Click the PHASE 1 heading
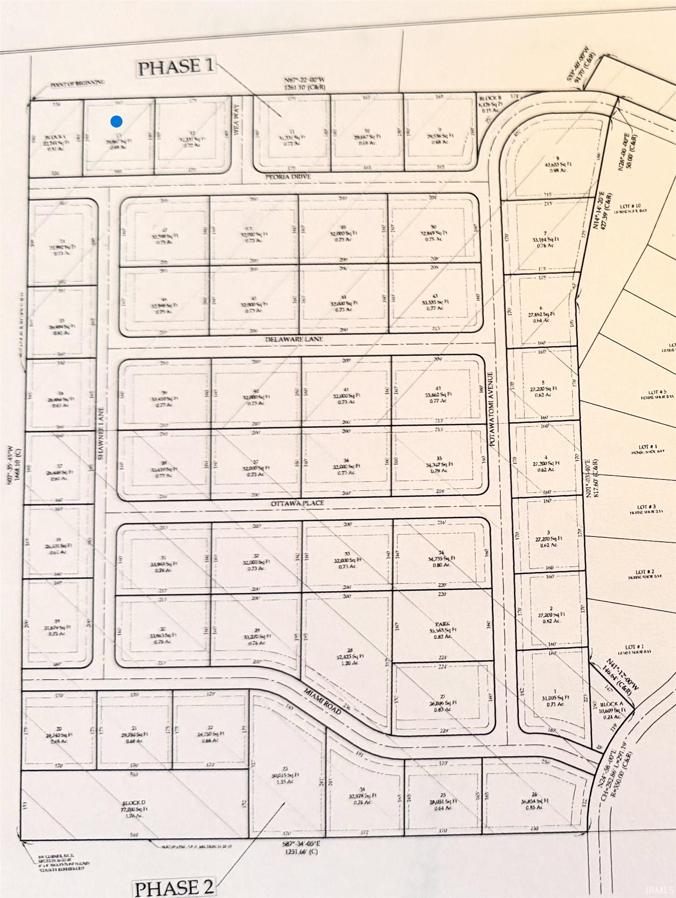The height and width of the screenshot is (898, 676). click(x=176, y=67)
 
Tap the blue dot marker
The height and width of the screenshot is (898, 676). click(x=116, y=121)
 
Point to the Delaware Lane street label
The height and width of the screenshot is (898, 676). click(x=294, y=339)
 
